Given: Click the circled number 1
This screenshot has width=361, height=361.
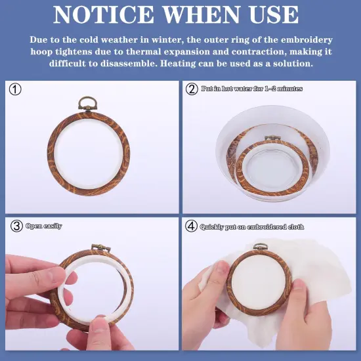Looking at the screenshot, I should tap(16, 90).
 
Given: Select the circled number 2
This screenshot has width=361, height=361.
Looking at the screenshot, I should tap(192, 89).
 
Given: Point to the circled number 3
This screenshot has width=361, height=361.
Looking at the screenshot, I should tap(16, 226).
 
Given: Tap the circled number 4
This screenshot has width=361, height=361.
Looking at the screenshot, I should tap(192, 226).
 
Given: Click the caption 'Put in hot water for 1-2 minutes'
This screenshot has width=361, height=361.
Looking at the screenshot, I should tap(251, 89).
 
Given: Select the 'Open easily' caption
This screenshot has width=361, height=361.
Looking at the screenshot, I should tap(44, 226).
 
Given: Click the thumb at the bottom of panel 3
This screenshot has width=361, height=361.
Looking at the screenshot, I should tap(102, 331).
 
